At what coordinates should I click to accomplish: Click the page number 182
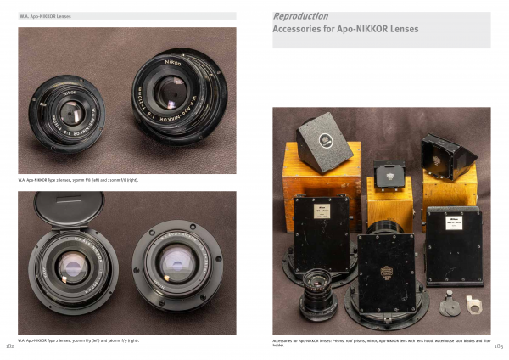pyautogui.click(x=9, y=346)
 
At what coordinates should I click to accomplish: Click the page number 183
pyautogui.click(x=498, y=346)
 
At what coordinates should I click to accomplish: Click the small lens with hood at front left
pyautogui.click(x=318, y=287)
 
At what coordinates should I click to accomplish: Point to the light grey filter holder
pyautogui.click(x=471, y=302)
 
